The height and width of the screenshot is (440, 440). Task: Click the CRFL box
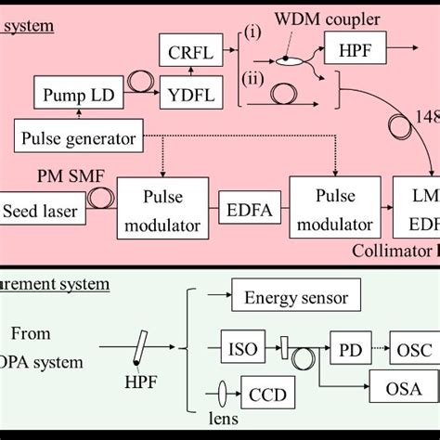(x=189, y=53)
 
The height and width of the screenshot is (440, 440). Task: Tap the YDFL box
(x=189, y=94)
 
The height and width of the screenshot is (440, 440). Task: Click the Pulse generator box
(x=78, y=139)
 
